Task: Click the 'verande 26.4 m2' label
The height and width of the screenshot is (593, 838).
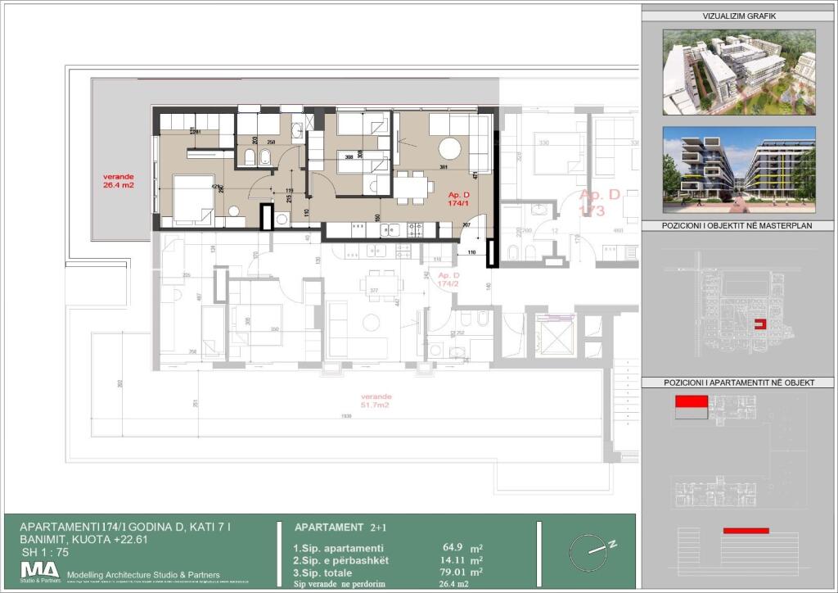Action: click(118, 180)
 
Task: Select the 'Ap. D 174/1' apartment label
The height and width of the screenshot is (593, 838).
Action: click(459, 199)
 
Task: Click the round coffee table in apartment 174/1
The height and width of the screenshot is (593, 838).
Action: click(448, 148)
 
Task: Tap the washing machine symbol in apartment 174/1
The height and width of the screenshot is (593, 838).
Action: click(282, 218)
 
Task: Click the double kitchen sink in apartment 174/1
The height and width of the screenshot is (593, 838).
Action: click(386, 230)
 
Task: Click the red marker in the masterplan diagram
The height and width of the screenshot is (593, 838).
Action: click(759, 324)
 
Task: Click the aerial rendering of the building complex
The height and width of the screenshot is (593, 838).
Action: click(738, 72)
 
